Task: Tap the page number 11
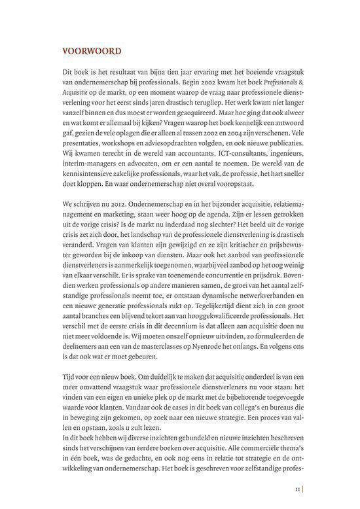click(x=297, y=487)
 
